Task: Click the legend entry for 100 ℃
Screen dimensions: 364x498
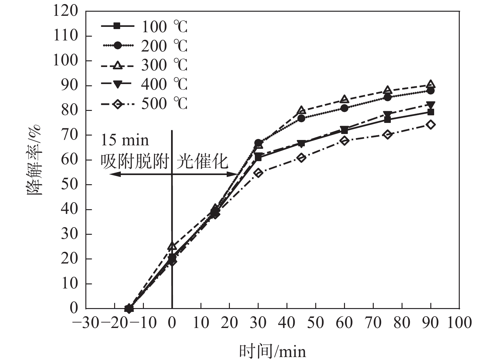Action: click(x=144, y=27)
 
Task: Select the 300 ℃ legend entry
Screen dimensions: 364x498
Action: click(x=144, y=65)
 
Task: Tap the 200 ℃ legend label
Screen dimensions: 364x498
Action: click(x=164, y=46)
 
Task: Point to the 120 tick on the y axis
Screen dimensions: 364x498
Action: click(x=65, y=11)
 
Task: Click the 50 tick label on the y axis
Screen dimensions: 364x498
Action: click(x=69, y=184)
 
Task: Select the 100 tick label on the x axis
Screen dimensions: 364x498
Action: click(x=459, y=323)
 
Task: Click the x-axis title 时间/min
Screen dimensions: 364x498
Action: click(x=273, y=351)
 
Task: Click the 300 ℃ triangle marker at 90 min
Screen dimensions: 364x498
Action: click(x=430, y=84)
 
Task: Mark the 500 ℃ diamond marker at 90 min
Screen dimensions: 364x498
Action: click(x=430, y=124)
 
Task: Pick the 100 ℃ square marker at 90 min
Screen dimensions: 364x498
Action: click(x=430, y=112)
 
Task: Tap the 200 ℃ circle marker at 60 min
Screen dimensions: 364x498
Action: click(x=344, y=108)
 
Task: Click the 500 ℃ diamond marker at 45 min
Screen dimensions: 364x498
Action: click(x=301, y=158)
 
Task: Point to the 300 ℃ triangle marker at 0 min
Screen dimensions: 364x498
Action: click(x=172, y=246)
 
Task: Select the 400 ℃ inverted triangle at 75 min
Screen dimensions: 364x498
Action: click(x=387, y=114)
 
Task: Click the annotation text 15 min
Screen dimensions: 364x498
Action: click(x=125, y=140)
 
